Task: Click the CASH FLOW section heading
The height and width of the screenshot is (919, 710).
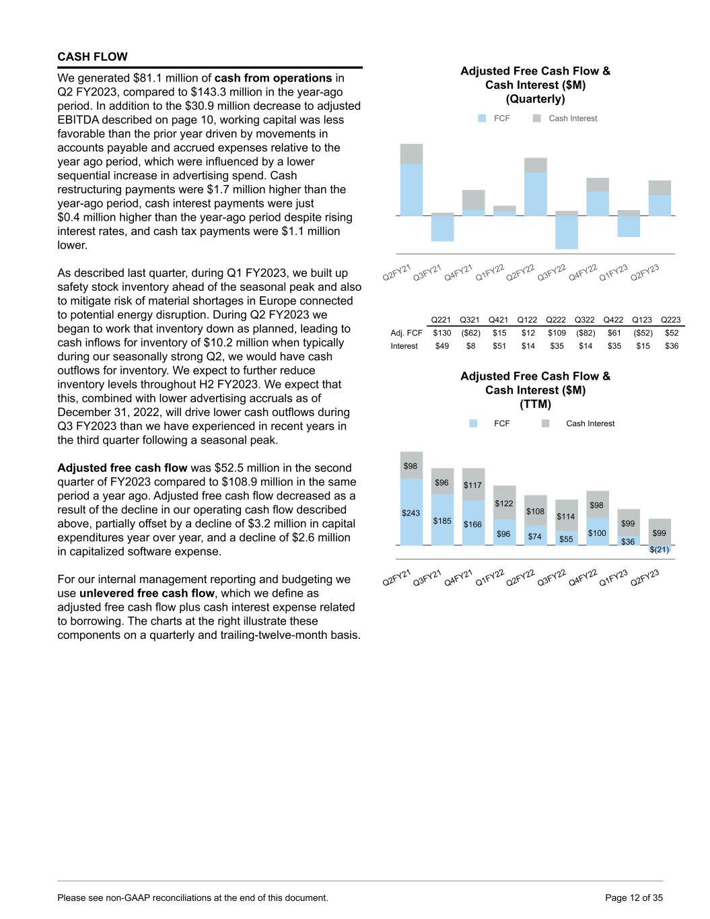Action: click(92, 57)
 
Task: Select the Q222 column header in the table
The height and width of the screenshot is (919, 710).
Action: click(556, 320)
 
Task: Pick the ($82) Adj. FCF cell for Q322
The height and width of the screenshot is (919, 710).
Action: click(585, 333)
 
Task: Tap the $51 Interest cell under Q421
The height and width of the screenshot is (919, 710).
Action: click(499, 346)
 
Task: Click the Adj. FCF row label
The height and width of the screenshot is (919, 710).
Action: click(406, 333)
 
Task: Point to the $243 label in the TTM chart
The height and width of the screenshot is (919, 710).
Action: click(411, 513)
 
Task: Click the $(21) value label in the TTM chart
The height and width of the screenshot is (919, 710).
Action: click(660, 549)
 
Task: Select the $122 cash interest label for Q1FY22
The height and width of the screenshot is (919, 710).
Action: click(504, 504)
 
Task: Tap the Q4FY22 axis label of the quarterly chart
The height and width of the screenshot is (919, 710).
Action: click(583, 273)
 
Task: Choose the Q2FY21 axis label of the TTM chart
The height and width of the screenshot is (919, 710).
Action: click(396, 578)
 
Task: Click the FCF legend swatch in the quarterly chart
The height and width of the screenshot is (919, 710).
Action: click(482, 118)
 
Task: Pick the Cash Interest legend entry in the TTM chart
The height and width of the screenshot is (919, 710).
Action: click(590, 423)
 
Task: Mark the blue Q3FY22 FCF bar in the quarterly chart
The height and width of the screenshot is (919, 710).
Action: click(567, 232)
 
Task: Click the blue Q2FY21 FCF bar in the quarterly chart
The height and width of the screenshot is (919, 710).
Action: click(411, 190)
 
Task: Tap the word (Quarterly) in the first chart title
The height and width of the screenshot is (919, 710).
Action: click(535, 99)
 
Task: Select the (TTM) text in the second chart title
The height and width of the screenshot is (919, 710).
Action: click(535, 404)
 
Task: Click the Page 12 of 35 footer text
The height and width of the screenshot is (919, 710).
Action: click(634, 897)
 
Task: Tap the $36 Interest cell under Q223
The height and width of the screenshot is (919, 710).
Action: click(671, 346)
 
